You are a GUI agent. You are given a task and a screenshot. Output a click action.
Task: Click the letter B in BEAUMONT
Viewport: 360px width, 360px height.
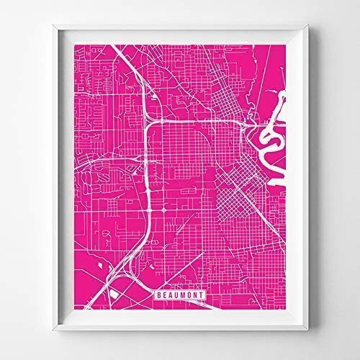pos(157,293)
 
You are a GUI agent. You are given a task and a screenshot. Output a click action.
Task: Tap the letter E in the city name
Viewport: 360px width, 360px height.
pos(163,293)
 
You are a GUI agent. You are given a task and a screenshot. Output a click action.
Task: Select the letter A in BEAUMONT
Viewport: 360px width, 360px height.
pos(168,293)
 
